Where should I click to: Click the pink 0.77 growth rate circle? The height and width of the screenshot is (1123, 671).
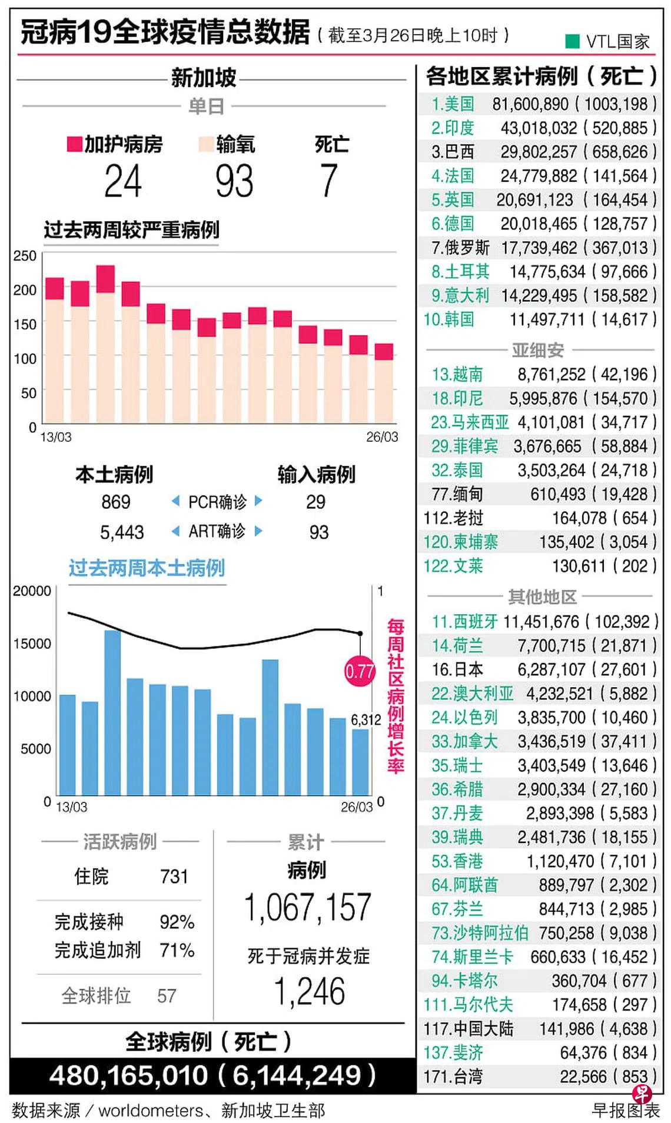click(x=360, y=671)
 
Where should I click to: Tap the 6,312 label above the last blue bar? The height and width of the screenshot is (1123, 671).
click(x=366, y=719)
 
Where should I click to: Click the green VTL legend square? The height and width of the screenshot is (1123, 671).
click(x=572, y=41)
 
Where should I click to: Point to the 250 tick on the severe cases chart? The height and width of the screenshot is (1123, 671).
click(x=25, y=256)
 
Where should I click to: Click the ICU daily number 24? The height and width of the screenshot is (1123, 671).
click(x=123, y=181)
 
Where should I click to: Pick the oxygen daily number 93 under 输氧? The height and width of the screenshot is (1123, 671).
click(x=234, y=181)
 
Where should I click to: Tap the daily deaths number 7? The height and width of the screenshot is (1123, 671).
click(x=329, y=181)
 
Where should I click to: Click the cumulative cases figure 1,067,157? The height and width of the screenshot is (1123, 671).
click(x=308, y=907)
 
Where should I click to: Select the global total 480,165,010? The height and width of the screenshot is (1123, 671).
click(x=129, y=1075)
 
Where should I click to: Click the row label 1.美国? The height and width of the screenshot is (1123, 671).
click(x=453, y=104)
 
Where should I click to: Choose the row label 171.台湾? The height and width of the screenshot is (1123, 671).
click(x=453, y=1077)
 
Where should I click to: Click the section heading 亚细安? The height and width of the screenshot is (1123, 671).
click(x=538, y=350)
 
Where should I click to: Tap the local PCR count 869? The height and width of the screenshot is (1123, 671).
click(x=116, y=502)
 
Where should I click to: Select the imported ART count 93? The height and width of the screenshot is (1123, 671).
click(x=318, y=532)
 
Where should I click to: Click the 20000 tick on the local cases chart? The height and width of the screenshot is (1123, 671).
click(x=32, y=591)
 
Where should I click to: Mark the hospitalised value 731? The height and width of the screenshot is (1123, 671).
click(x=174, y=877)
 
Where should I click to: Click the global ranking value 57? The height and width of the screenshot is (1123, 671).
click(x=167, y=995)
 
